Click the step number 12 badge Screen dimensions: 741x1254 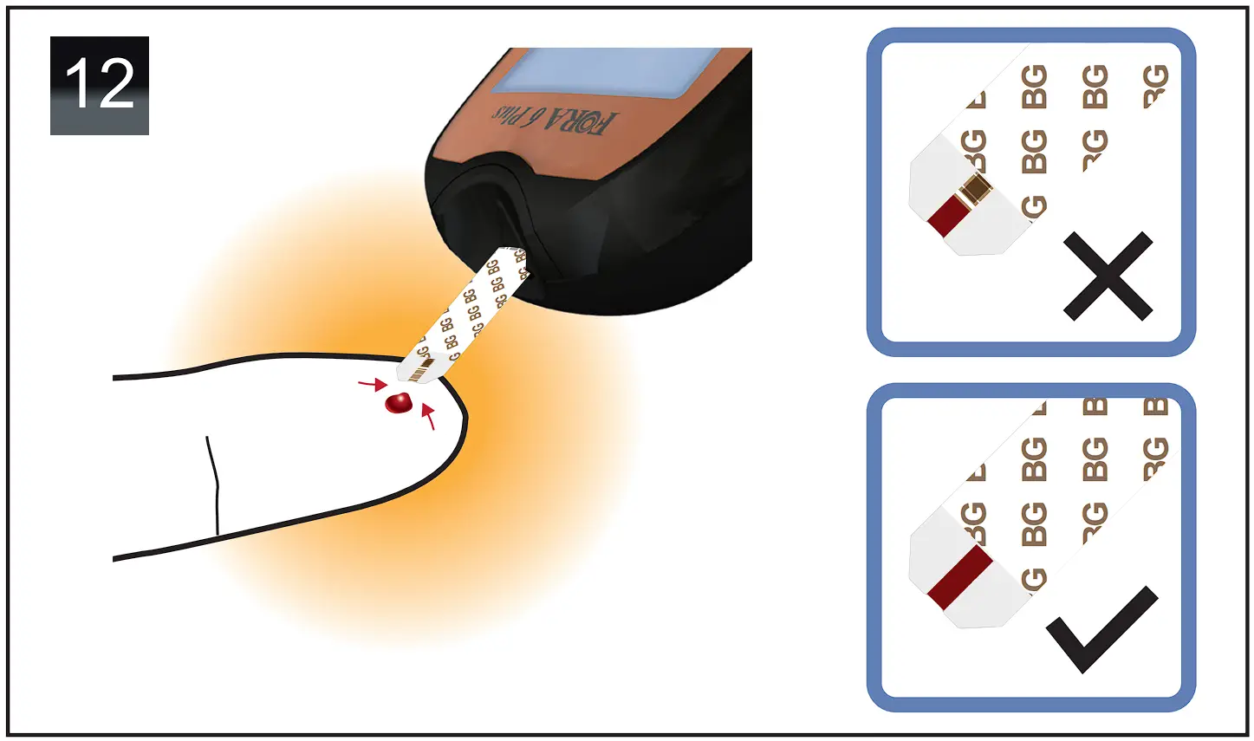[x=99, y=85]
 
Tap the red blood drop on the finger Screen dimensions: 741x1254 [x=399, y=402]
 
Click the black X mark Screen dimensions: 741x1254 [x=1108, y=276]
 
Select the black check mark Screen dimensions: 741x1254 [x=1101, y=628]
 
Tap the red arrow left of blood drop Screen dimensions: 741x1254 [x=371, y=383]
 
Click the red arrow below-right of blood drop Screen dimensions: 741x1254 [x=427, y=417]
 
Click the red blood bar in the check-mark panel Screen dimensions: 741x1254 [x=959, y=577]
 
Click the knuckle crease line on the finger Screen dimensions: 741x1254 [x=213, y=485]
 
